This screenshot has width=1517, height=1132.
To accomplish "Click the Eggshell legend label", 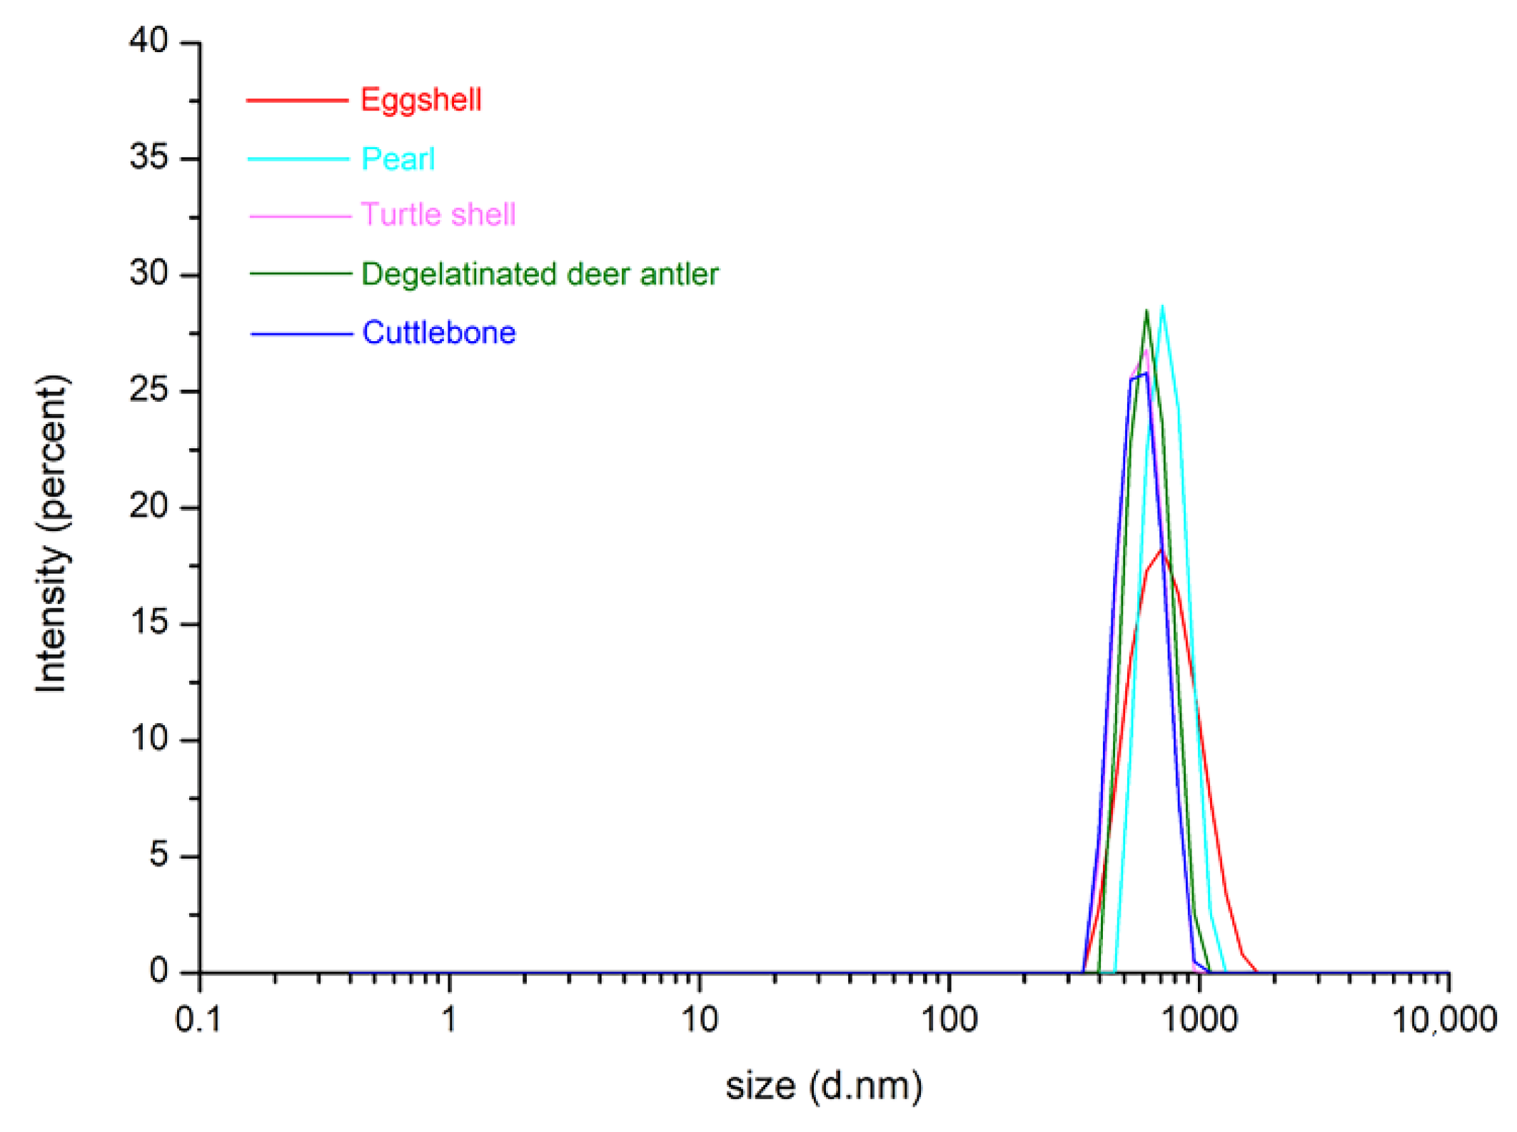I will pos(420,99).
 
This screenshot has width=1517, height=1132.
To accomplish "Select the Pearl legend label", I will pos(398,158).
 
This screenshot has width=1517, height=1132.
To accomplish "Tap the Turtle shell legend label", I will pos(438,214).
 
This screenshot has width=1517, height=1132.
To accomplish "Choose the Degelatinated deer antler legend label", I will pos(540,274).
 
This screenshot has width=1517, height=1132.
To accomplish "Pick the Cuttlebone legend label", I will pos(438,333).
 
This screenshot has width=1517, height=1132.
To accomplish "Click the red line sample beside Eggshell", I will pos(297,100).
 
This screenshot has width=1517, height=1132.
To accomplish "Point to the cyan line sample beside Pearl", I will pos(298,158).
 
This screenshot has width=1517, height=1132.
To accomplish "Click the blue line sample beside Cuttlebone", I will pos(301,333).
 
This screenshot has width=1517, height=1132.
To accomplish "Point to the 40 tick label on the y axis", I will pos(148,41).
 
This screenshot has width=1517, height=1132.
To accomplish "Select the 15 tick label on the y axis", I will pos(148,622).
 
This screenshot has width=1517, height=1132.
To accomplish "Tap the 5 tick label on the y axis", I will pos(158,854).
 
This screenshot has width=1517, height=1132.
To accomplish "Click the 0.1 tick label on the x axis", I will pos(198,1019).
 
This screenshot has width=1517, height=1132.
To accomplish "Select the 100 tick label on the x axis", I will pos(949,1019).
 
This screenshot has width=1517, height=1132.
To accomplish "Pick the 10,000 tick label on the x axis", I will pos(1444,1019).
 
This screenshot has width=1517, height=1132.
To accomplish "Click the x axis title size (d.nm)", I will pos(824,1086).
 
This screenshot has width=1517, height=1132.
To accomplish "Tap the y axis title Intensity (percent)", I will pos(51,532).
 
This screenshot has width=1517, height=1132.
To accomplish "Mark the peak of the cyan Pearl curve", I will pos(1163,307).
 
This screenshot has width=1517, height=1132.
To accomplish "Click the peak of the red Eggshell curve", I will pos(1161,550).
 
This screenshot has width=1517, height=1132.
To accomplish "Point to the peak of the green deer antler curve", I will pos(1146,311).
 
